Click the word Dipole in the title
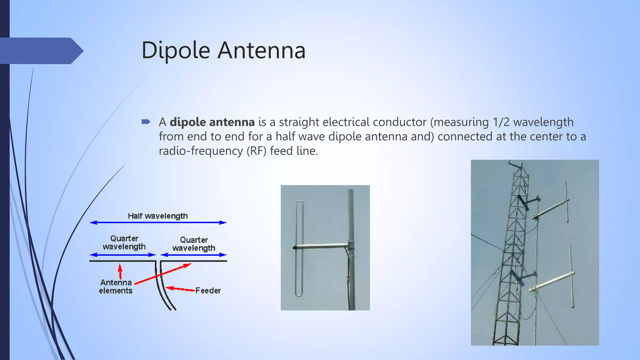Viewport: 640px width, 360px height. [x=176, y=51]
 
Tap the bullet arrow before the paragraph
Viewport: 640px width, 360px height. [x=146, y=122]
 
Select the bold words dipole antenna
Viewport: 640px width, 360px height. [x=212, y=122]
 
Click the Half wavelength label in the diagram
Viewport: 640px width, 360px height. [x=157, y=216]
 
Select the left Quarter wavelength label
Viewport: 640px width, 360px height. [x=124, y=242]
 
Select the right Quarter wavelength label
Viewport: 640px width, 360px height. [x=194, y=244]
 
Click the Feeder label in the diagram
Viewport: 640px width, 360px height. [x=208, y=291]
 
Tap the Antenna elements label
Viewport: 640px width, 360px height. [x=116, y=287]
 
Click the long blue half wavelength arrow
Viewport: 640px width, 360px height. [x=158, y=222]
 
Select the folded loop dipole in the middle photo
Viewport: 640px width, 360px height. [x=299, y=248]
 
